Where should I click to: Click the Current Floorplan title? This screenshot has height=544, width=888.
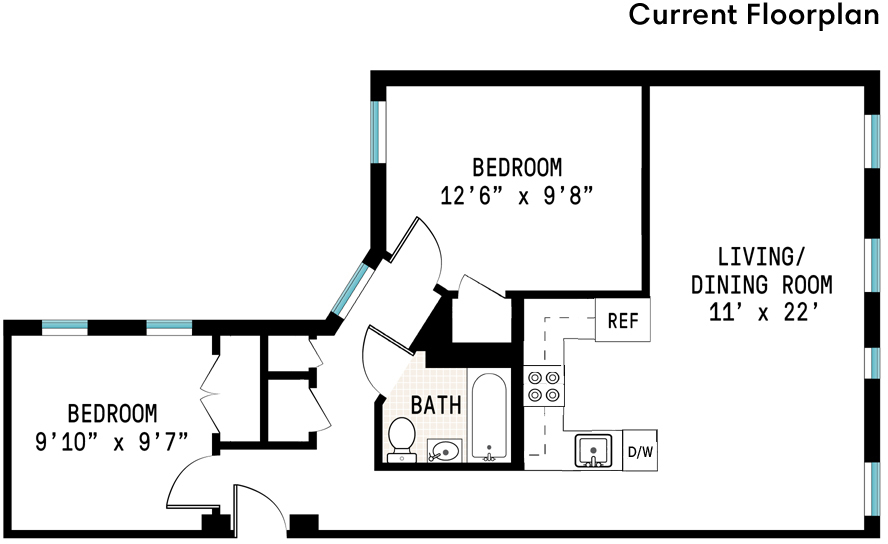[755, 17]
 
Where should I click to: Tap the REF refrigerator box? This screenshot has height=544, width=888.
[623, 321]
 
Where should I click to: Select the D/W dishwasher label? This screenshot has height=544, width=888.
[640, 451]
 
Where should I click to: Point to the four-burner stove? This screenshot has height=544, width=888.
[543, 385]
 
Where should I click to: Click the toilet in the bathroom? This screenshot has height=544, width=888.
[401, 438]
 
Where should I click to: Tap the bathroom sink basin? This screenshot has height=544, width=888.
[445, 452]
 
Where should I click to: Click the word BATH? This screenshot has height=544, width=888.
[437, 405]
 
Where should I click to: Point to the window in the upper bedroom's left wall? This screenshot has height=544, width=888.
[377, 131]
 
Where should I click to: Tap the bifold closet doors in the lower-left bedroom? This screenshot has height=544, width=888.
[211, 390]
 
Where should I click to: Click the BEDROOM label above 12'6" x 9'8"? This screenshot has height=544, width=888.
[517, 166]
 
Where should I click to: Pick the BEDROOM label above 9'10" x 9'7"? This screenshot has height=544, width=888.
[112, 412]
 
